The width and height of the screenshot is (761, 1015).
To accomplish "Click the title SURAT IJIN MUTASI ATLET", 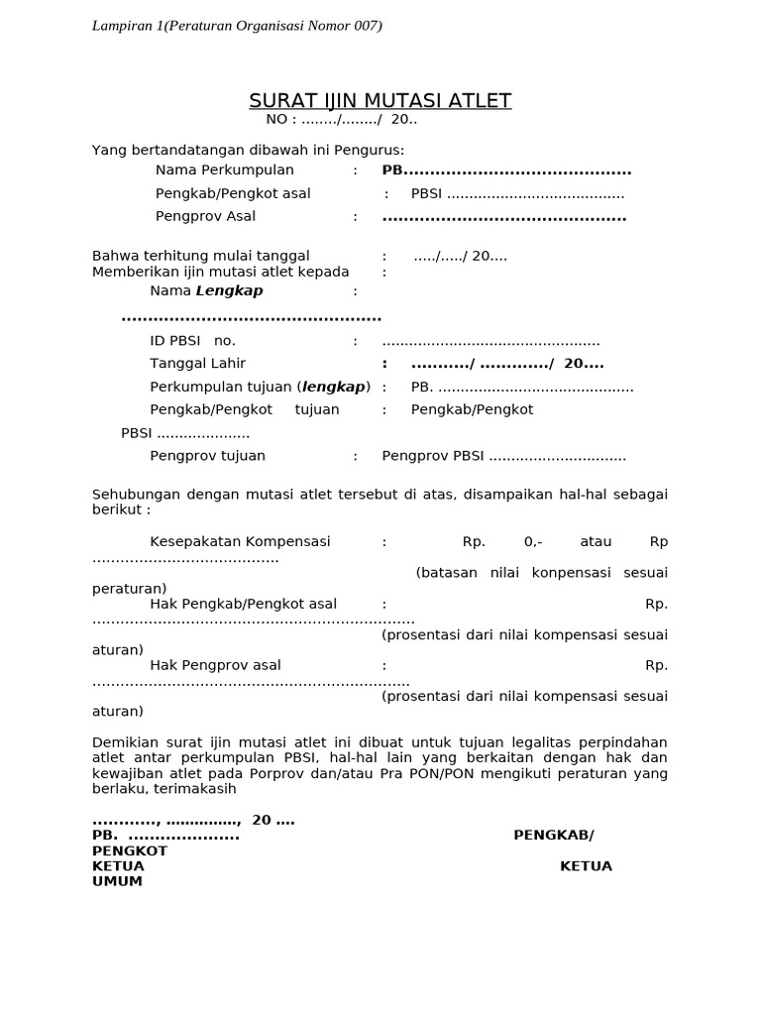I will (x=380, y=100).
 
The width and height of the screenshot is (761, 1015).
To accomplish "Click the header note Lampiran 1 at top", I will (x=236, y=26).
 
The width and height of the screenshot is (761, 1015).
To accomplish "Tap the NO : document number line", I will (x=341, y=120).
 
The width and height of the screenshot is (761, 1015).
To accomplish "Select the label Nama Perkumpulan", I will (x=225, y=170).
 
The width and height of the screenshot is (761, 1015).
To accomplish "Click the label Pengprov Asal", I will (x=205, y=216).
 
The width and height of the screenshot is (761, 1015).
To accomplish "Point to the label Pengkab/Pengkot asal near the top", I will (x=233, y=193).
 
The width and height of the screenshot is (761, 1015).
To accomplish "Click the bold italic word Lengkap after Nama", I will (x=230, y=291).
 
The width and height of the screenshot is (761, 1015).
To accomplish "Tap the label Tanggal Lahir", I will (x=197, y=364).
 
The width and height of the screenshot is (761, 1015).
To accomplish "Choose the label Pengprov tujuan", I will (x=207, y=456).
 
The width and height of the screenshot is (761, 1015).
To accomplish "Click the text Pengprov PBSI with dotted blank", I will (x=503, y=456).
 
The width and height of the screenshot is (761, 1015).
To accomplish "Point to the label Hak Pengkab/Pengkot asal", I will (x=243, y=604).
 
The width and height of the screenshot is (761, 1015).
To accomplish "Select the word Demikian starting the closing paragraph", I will (x=125, y=742).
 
